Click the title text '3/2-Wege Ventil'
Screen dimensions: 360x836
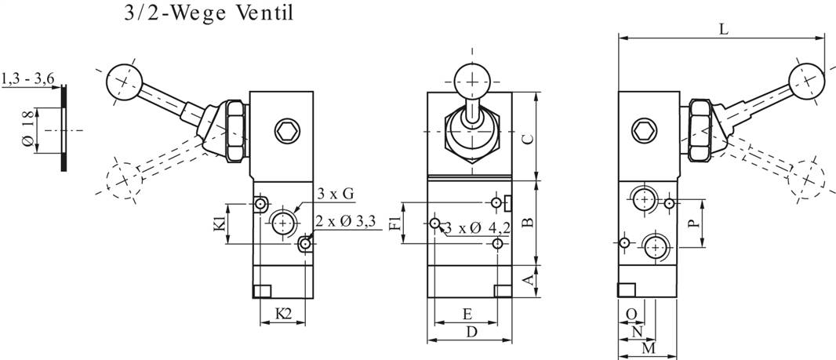(209, 15)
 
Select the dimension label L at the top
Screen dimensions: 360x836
(724, 29)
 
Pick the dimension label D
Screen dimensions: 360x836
(471, 332)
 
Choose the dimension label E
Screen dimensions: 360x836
(467, 314)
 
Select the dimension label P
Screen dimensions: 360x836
(692, 222)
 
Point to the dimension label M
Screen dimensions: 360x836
(648, 347)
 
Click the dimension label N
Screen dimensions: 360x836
(638, 331)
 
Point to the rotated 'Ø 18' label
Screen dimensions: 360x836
(29, 129)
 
